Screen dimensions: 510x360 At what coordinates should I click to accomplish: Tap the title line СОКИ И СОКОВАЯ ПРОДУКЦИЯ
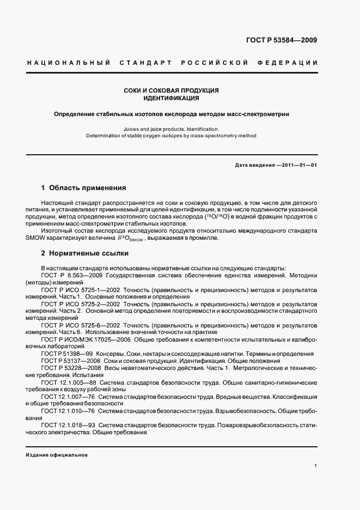(172, 90)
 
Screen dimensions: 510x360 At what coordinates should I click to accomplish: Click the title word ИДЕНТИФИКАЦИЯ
(172, 99)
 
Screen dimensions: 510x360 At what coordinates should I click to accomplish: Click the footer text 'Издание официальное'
(57, 454)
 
